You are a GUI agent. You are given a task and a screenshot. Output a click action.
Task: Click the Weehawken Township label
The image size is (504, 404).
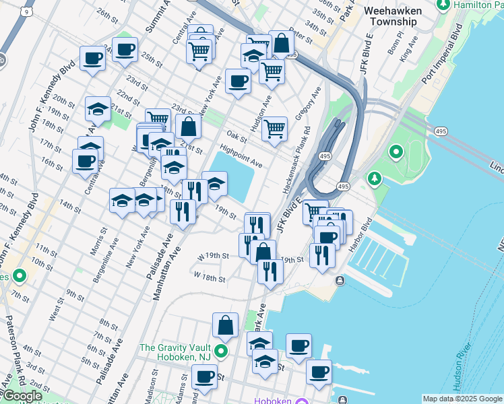click(402, 16)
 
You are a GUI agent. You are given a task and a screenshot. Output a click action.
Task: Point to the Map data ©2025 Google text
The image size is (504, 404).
click(462, 399)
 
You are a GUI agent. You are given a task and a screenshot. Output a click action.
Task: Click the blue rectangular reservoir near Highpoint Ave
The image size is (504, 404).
click(235, 174)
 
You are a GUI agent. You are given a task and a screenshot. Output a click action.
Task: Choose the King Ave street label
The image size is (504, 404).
click(405, 51)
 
